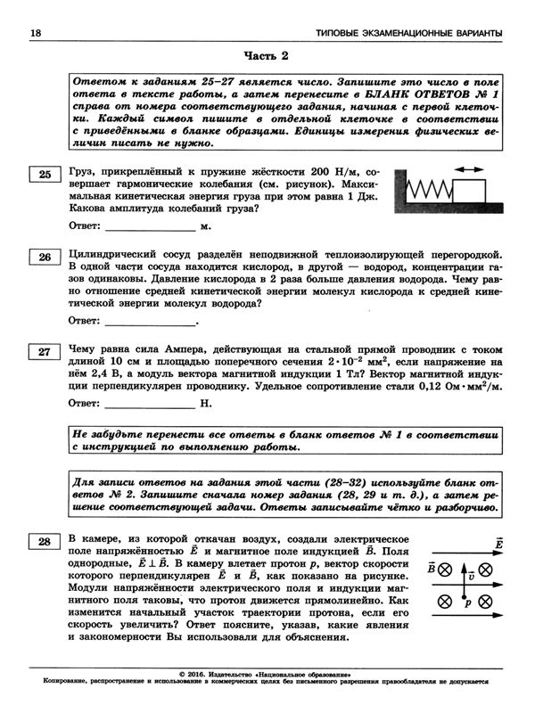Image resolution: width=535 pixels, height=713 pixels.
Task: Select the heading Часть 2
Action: point(267,57)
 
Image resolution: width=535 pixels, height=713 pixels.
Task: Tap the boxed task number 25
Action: point(44,174)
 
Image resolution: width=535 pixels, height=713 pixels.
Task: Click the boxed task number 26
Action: point(44,258)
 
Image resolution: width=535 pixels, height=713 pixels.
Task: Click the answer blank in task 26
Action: point(152,320)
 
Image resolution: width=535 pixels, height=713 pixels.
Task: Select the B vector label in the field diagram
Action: point(432,568)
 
